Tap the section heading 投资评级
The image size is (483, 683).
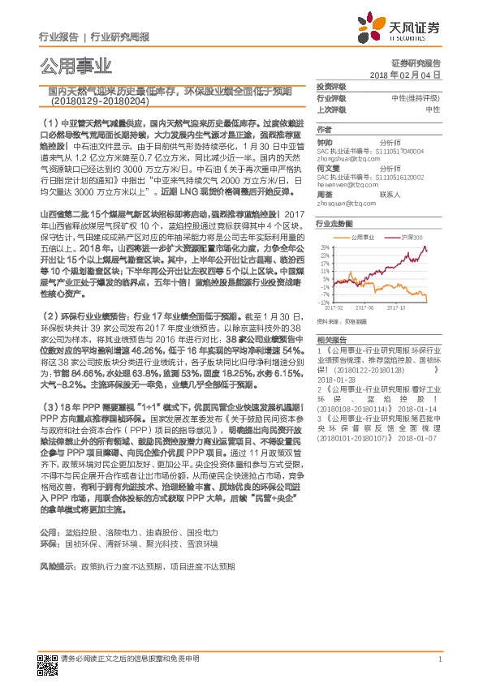click(330, 85)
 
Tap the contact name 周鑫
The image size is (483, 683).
click(324, 195)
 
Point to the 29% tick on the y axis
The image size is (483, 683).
click(326, 246)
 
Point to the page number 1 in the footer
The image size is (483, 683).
click(438, 659)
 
